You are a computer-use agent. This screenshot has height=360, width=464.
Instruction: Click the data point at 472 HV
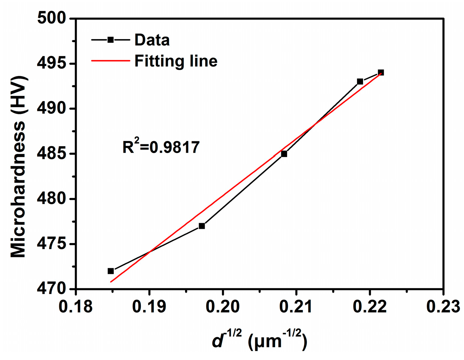(111, 271)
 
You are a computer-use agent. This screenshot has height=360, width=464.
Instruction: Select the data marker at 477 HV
(202, 226)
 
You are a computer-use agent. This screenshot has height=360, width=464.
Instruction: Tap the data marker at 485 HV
(284, 154)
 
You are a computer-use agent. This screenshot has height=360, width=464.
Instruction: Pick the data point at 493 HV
(360, 82)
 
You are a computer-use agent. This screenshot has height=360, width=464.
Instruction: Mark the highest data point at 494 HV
(381, 73)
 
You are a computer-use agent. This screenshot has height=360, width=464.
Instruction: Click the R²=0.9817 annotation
(161, 147)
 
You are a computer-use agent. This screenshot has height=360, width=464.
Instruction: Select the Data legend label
(152, 40)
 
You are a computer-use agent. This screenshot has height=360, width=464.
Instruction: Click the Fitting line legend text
(176, 61)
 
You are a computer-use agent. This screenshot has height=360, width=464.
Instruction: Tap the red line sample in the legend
(110, 61)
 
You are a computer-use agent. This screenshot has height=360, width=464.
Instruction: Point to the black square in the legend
(110, 40)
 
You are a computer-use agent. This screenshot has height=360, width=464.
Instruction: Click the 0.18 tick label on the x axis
(76, 307)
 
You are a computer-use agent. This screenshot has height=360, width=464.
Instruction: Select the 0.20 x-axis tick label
(223, 307)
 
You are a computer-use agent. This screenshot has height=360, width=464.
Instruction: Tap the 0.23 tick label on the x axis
(443, 307)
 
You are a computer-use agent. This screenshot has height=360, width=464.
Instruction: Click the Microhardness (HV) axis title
(19, 166)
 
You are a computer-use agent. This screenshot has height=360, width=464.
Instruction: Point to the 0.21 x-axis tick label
(297, 307)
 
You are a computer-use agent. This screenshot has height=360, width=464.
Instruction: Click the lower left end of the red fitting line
(111, 281)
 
